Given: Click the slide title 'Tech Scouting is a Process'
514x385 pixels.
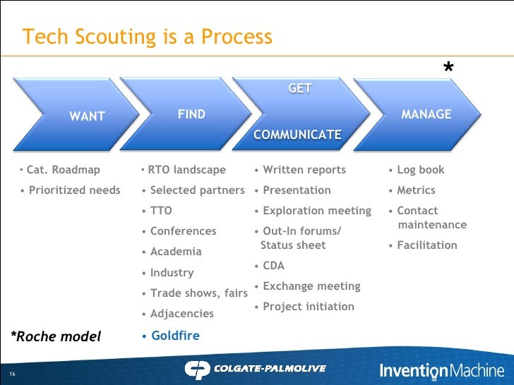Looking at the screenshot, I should click(147, 37).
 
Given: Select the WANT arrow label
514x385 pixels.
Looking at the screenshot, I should click(87, 117).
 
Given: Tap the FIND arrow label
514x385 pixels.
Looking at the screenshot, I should click(191, 114).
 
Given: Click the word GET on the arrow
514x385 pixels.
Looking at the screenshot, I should click(300, 89).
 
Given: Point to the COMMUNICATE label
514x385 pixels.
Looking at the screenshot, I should click(297, 135).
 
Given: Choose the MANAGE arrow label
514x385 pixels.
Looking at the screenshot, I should click(426, 114).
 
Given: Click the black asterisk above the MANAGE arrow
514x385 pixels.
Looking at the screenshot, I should click(448, 69).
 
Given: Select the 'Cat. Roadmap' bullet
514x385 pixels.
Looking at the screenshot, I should click(63, 170).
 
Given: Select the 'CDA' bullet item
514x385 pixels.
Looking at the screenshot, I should click(273, 266).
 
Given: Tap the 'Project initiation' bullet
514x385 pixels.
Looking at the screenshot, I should click(308, 307).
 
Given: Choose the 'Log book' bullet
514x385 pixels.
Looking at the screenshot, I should click(420, 170).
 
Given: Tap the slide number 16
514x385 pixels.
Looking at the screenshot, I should click(13, 373).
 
